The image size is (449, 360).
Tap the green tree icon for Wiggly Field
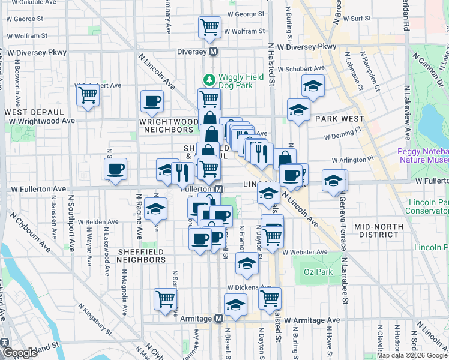pyautogui.click(x=209, y=79)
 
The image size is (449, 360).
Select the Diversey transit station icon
pyautogui.click(x=213, y=52)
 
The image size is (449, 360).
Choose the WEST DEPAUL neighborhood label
pyautogui.click(x=35, y=112)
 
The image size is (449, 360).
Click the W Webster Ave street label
pyautogui.click(x=306, y=252)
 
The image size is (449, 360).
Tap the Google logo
pyautogui.click(x=19, y=353)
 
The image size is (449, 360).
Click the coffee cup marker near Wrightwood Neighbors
pyautogui.click(x=151, y=101)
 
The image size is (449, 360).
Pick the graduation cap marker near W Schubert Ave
pyautogui.click(x=313, y=86)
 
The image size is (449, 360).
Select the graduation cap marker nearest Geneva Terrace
pyautogui.click(x=334, y=180)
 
